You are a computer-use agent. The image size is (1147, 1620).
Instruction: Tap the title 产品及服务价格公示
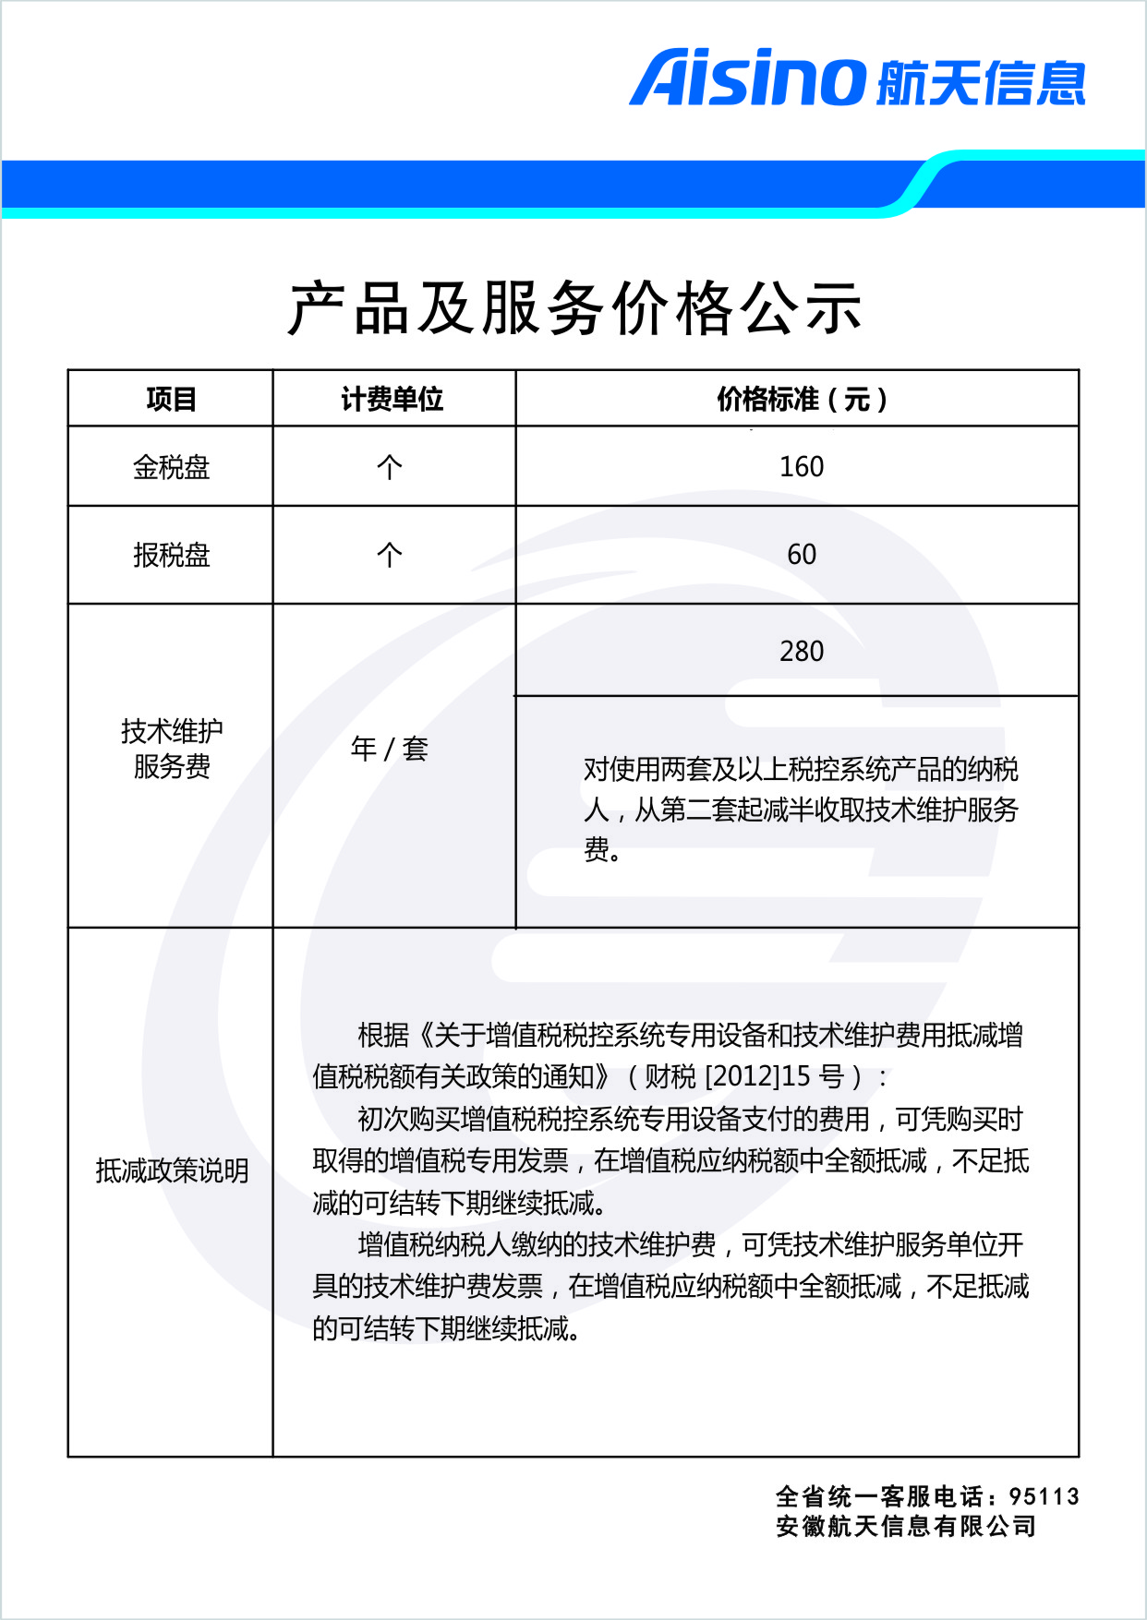pos(574,308)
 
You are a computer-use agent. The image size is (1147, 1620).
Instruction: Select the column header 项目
pos(171,399)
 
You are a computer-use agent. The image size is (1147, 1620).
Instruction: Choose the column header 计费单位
pos(392,399)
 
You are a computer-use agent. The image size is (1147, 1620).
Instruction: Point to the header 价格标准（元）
pos(801,399)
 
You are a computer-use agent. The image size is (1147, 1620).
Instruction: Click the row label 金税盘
pos(171,467)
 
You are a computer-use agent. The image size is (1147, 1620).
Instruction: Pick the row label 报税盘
pos(171,555)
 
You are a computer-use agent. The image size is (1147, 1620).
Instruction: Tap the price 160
pos(801,467)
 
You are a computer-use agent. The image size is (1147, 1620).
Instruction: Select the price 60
pos(801,555)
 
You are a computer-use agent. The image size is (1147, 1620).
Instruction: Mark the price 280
pos(801,652)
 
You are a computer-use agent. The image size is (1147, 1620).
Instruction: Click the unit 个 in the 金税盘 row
pos(389,467)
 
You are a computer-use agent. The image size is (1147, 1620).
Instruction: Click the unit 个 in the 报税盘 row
pos(389,555)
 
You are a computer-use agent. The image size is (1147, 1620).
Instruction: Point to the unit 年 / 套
pos(389,749)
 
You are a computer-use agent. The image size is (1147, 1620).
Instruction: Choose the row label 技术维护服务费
pos(171,749)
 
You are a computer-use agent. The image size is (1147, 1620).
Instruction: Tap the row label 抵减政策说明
pos(172,1171)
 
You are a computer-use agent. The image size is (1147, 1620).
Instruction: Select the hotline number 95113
pos(1044,1496)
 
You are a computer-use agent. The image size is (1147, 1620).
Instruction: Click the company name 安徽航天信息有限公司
pos(906,1527)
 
